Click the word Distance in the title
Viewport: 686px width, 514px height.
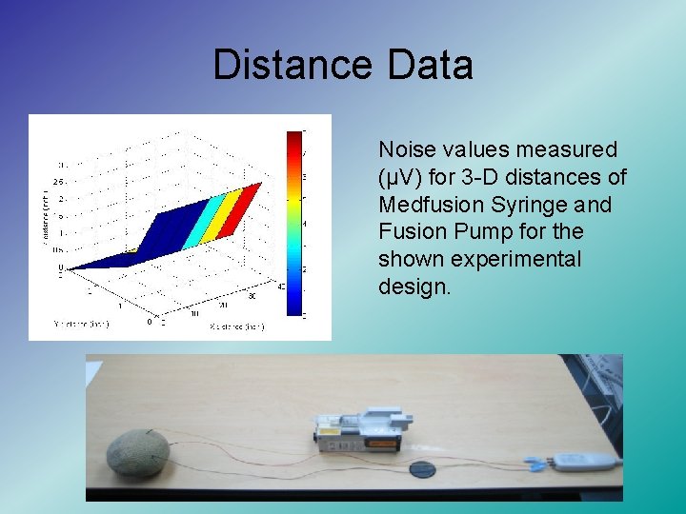293,66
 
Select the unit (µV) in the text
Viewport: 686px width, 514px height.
402,177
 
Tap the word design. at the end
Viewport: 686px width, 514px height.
414,287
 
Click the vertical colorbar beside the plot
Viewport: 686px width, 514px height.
293,224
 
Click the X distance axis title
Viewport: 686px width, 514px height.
235,326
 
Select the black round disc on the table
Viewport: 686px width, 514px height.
422,468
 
